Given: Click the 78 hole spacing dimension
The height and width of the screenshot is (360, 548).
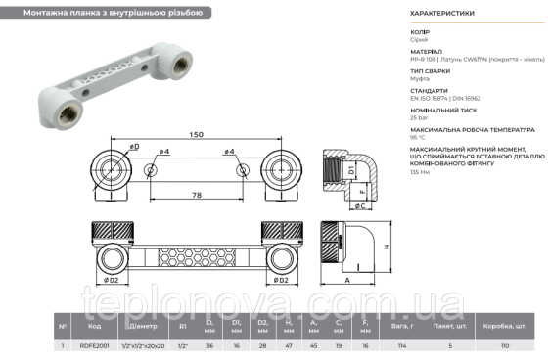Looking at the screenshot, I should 197,196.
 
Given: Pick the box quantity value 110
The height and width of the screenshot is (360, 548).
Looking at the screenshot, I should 505,345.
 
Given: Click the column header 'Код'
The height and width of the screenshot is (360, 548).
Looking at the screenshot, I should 95,326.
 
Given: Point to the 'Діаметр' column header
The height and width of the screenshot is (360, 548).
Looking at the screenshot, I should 143,326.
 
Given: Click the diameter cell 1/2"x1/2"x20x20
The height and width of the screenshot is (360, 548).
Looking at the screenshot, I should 143,345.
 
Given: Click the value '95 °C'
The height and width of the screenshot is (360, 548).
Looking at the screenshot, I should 420,138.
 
